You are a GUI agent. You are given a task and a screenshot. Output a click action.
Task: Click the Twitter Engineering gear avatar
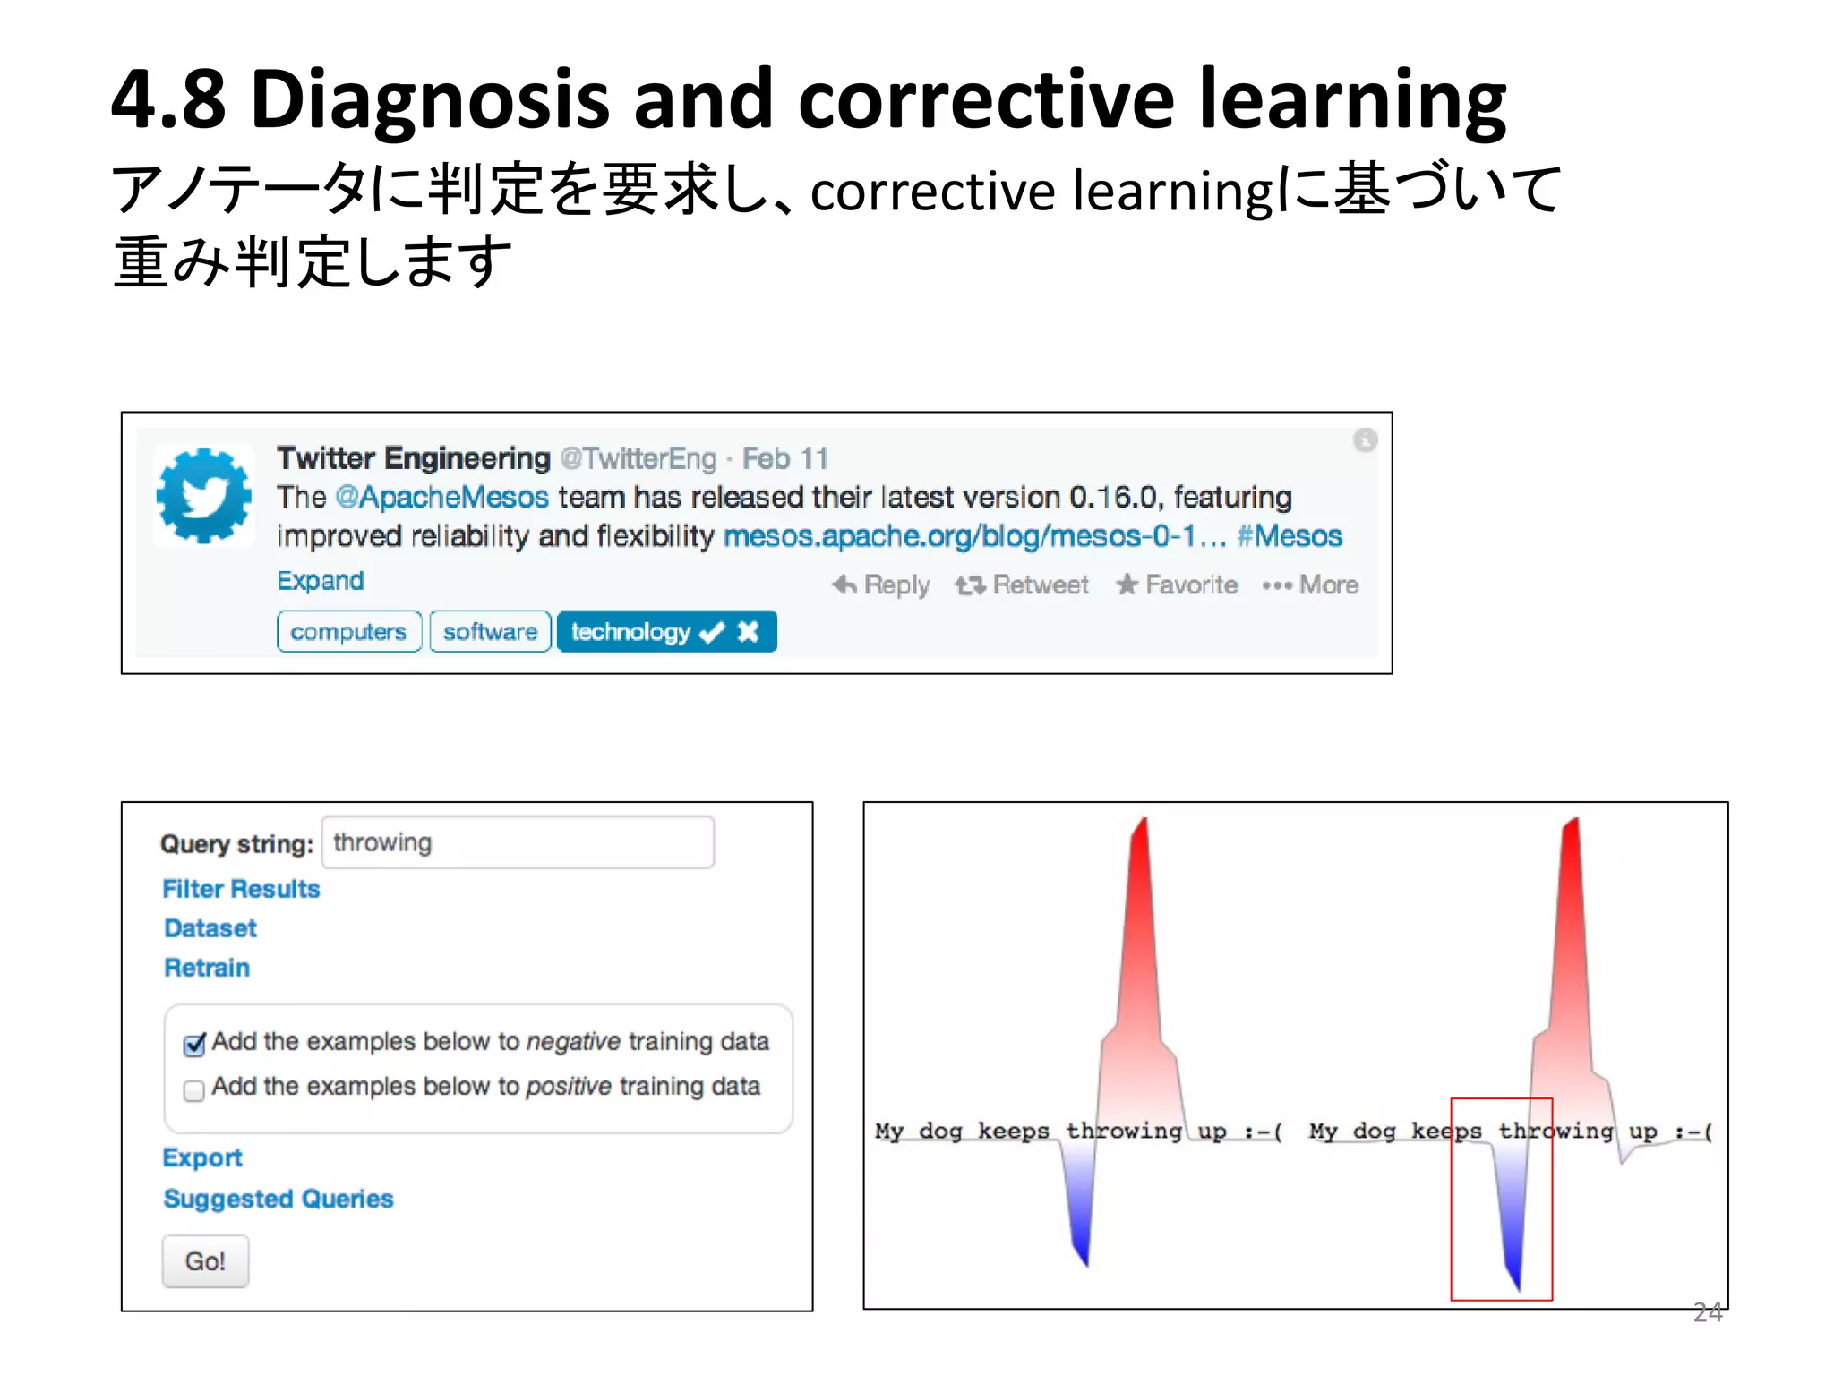(x=204, y=496)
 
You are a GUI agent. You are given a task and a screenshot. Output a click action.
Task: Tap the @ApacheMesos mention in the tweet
(x=441, y=498)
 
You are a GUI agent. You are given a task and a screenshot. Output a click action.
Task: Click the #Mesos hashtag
(x=1290, y=536)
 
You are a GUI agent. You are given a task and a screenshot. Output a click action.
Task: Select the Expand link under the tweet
(x=321, y=581)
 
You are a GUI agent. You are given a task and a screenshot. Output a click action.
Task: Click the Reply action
(x=881, y=585)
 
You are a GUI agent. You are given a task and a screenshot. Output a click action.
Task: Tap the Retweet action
(x=1022, y=585)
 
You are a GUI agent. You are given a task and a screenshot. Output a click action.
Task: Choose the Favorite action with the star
(x=1177, y=585)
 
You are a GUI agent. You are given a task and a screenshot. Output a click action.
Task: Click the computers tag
(x=348, y=632)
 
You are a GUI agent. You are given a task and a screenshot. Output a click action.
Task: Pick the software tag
(x=490, y=632)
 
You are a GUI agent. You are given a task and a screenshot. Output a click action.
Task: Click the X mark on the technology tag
(x=748, y=632)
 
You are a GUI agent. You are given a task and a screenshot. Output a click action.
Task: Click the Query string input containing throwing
(x=518, y=842)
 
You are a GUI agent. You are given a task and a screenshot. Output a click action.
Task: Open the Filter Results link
(x=241, y=889)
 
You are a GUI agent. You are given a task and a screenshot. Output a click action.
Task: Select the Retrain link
(x=207, y=968)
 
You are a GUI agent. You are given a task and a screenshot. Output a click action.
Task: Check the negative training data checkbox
(x=194, y=1045)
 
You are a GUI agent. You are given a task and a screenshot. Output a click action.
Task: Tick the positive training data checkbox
(x=193, y=1090)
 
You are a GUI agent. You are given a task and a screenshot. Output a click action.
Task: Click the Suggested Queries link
(x=279, y=1199)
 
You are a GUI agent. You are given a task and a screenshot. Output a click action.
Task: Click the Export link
(x=202, y=1157)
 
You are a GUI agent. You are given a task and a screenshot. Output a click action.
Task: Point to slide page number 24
(x=1707, y=1312)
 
